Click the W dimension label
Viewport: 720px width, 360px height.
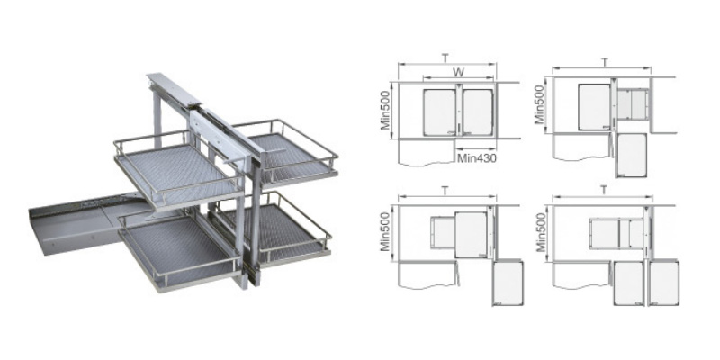click(x=458, y=73)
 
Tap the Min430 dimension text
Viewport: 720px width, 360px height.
click(x=477, y=159)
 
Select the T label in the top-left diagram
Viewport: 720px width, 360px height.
click(x=445, y=58)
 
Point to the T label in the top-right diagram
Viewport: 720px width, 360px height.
click(x=605, y=62)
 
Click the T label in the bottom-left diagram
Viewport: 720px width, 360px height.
click(x=445, y=190)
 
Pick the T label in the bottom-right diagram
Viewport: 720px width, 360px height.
click(x=604, y=190)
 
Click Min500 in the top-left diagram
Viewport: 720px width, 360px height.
click(x=385, y=110)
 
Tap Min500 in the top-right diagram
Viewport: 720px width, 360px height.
click(x=540, y=105)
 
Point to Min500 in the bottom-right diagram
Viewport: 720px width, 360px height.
click(x=541, y=232)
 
